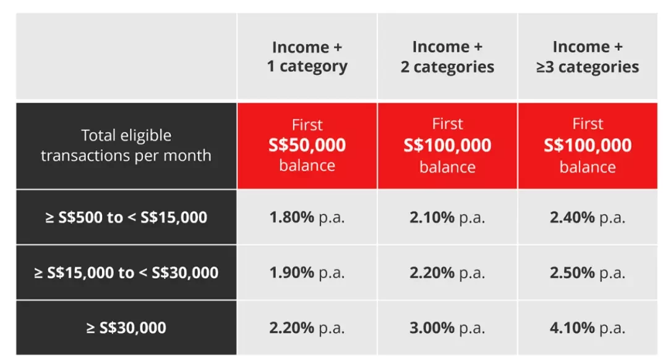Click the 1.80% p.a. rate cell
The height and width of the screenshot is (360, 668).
click(x=307, y=217)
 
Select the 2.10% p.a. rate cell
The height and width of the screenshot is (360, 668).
click(x=447, y=217)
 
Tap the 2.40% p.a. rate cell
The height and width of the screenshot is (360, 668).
click(x=588, y=217)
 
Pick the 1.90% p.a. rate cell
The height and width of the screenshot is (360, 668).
click(x=307, y=273)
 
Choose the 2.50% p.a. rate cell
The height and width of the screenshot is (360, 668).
click(x=588, y=273)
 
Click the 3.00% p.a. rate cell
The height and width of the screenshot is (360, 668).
click(x=447, y=328)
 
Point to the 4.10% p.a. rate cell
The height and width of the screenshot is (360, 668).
click(x=588, y=328)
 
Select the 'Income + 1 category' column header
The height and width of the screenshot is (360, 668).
click(x=307, y=57)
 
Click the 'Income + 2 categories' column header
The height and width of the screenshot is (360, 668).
click(x=447, y=57)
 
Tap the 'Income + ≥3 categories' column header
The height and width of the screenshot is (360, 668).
click(x=588, y=57)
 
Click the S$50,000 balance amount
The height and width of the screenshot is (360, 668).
click(x=307, y=145)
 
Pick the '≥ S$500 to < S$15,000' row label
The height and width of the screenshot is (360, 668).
click(x=126, y=217)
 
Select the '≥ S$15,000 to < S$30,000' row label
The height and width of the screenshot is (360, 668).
click(x=126, y=273)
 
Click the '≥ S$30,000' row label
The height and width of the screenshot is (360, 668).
click(x=126, y=328)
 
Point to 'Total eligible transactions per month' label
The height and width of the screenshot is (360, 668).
click(x=126, y=145)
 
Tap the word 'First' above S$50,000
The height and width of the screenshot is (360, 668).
click(x=307, y=125)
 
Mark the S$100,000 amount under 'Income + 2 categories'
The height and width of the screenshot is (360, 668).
click(x=447, y=145)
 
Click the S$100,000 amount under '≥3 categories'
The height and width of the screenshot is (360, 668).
click(x=588, y=145)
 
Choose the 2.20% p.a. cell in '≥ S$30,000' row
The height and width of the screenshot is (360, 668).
click(x=307, y=328)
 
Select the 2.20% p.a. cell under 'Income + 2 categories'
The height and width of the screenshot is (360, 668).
click(x=447, y=273)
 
